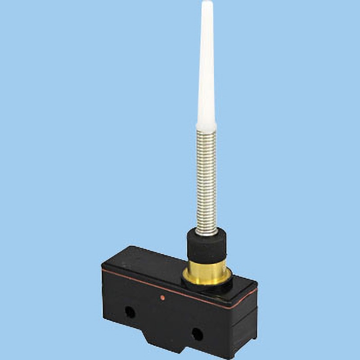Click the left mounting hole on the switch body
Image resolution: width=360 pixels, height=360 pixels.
click(x=130, y=311)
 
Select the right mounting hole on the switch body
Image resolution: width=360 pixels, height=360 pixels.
click(x=197, y=334)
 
